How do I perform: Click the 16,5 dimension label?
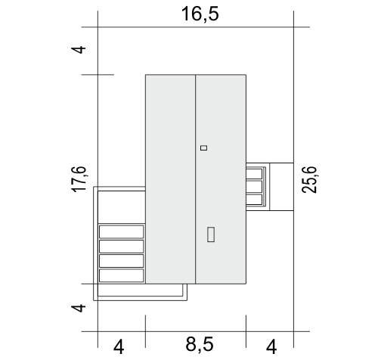click(x=200, y=14)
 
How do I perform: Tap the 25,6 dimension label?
click(x=309, y=180)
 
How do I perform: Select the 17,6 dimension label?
click(x=79, y=179)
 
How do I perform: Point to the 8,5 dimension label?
click(x=200, y=344)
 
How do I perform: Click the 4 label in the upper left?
click(x=80, y=49)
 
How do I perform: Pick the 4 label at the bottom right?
click(x=271, y=347)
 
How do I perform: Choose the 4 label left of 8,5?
click(x=119, y=347)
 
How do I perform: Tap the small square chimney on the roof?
click(x=203, y=147)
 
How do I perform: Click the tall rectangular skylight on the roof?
click(x=211, y=234)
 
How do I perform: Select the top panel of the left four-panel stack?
click(x=122, y=231)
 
